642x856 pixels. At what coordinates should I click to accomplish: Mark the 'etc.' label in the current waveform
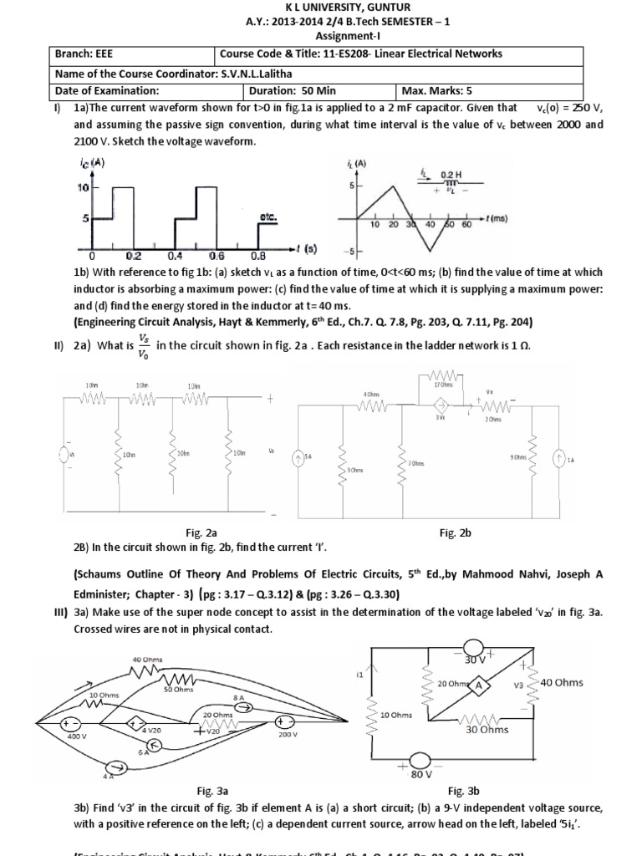click(268, 216)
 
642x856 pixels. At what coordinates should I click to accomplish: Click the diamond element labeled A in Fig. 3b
click(479, 683)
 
